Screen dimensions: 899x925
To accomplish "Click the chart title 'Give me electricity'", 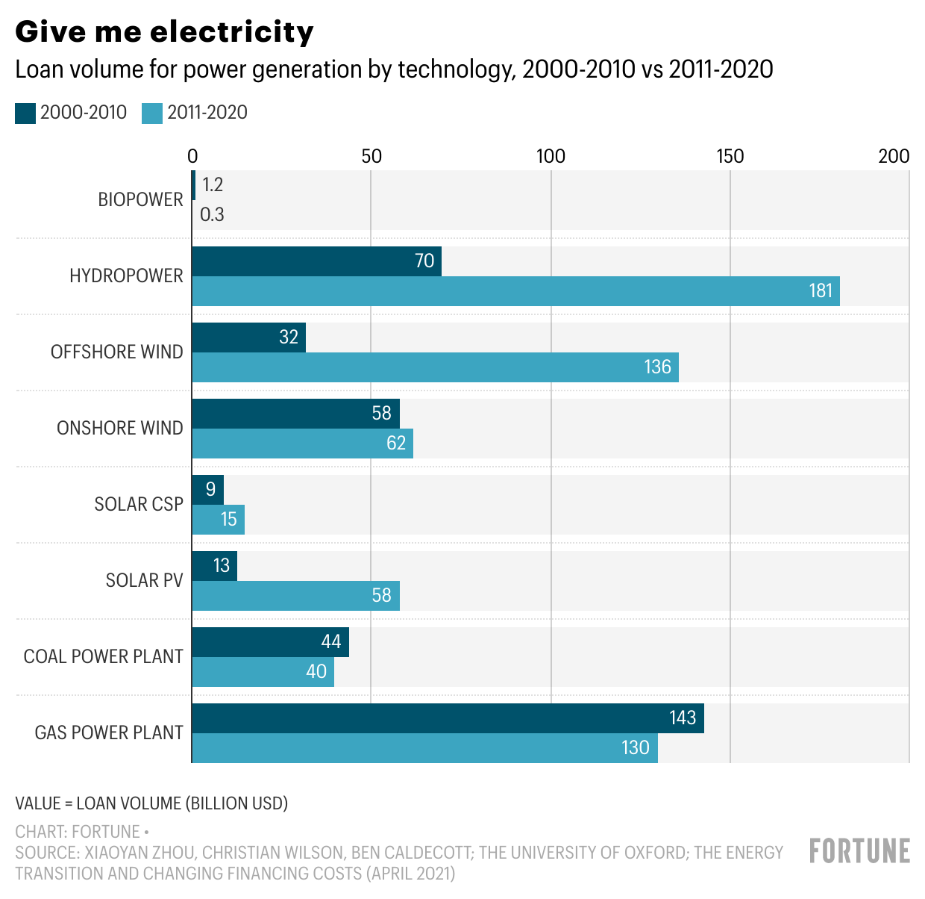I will click(164, 32).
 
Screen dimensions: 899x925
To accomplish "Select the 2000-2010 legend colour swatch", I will click(25, 113).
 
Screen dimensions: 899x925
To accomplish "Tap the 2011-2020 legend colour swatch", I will click(152, 113).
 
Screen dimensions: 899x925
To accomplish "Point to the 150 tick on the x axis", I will click(730, 156).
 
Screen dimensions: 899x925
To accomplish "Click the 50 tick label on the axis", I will click(371, 156).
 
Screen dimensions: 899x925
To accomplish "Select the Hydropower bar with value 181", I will click(515, 291).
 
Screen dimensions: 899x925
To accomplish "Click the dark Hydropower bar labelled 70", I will click(316, 261).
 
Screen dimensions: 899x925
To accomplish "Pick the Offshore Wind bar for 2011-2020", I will click(435, 367).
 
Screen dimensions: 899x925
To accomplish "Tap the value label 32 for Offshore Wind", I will click(289, 337).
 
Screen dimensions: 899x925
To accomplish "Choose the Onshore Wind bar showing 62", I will click(302, 444).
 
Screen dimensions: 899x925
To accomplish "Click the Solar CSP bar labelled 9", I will click(207, 490).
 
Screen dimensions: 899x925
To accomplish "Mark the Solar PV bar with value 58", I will click(295, 596).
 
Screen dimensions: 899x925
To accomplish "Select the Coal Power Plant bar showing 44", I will click(270, 642).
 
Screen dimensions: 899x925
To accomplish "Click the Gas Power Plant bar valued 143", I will click(448, 718).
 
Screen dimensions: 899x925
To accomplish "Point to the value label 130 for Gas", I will click(635, 748).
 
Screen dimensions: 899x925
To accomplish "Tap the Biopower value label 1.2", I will click(213, 185).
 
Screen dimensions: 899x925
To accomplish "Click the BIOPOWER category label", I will click(140, 200).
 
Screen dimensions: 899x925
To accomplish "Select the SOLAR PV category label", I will click(144, 581).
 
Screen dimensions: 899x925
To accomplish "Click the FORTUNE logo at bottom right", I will click(859, 851).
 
